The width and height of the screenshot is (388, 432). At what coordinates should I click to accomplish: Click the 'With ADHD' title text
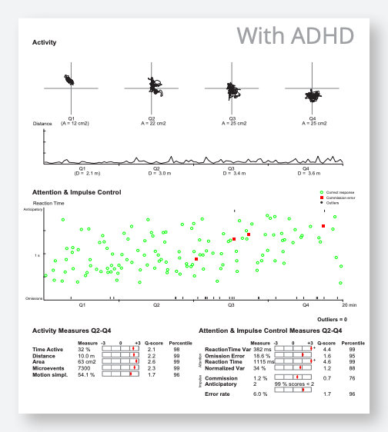(x=295, y=35)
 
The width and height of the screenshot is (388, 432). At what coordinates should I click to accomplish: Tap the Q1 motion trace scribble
(x=70, y=80)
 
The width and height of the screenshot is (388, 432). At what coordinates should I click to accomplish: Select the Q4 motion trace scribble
(x=314, y=95)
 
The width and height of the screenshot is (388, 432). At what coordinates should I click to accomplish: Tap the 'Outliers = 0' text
(x=332, y=318)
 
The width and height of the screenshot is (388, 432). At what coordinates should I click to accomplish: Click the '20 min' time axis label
(x=348, y=305)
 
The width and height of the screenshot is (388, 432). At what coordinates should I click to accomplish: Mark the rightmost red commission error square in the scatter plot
(x=323, y=226)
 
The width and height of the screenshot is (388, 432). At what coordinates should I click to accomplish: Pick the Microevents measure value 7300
(x=85, y=368)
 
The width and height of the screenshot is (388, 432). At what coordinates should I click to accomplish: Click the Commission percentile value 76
(x=352, y=378)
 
